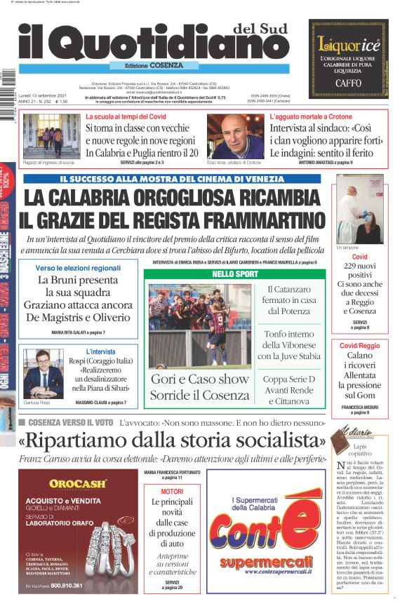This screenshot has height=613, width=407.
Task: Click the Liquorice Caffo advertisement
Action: click(349, 57)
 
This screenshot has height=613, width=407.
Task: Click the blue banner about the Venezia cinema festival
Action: click(172, 179)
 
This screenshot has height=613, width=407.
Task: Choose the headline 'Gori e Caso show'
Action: click(199, 379)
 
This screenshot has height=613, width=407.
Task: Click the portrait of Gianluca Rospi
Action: click(43, 372)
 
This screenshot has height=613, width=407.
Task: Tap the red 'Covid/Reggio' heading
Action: click(359, 346)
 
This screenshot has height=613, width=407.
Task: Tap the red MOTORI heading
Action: click(172, 492)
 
